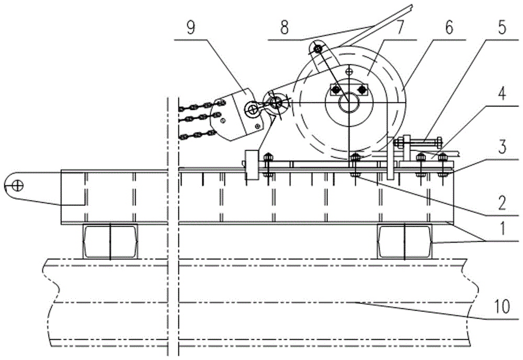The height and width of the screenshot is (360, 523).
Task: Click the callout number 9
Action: click(x=190, y=28)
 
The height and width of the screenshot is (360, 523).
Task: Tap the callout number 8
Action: click(x=284, y=28)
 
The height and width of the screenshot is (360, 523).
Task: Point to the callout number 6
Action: click(x=449, y=27)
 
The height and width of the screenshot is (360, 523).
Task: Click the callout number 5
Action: click(x=502, y=27)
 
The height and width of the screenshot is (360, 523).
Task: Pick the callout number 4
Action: click(x=502, y=94)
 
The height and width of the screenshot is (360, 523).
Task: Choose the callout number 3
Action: click(x=502, y=147)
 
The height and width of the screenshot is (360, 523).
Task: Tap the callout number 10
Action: click(x=502, y=307)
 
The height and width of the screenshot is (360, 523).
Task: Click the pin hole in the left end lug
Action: click(x=17, y=185)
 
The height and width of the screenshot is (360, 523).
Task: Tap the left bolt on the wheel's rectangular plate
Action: click(x=336, y=89)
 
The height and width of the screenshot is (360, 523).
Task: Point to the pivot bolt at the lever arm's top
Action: click(x=318, y=49)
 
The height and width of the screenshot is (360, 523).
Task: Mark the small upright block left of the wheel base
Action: click(x=252, y=165)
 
